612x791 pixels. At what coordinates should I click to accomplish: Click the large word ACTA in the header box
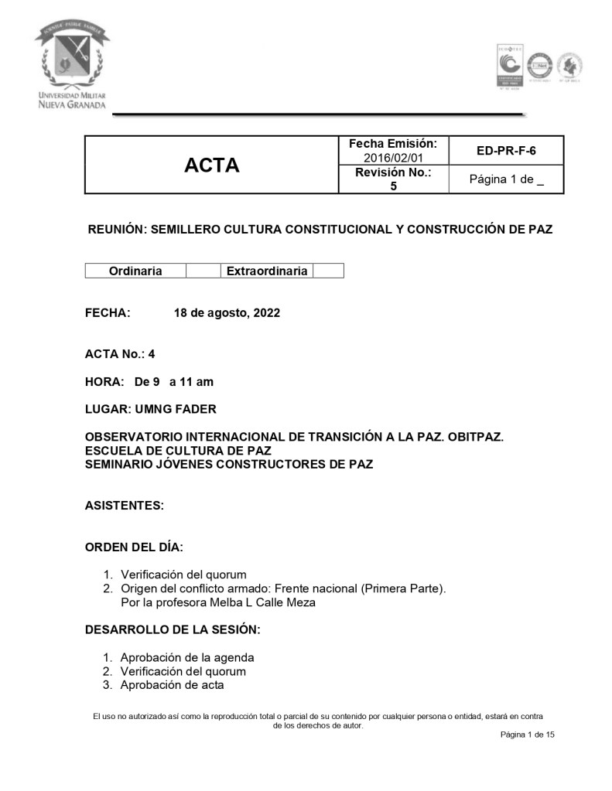point(211,165)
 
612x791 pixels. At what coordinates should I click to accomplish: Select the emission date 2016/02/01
point(393,158)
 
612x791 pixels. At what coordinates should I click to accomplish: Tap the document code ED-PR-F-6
point(506,151)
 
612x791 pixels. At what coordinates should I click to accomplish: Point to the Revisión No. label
point(393,172)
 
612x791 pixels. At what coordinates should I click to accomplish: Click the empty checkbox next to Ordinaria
point(203,271)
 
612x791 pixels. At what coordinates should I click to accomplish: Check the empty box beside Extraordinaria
point(328,271)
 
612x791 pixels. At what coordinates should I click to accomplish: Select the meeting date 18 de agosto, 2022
point(227,313)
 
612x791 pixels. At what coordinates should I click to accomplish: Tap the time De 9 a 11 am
point(174,381)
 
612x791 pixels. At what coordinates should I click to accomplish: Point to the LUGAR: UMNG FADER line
point(150,409)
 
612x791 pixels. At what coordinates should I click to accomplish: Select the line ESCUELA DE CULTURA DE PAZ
point(178,451)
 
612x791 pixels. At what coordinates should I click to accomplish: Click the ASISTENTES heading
point(124,506)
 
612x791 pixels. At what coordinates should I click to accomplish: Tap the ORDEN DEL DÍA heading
point(134,547)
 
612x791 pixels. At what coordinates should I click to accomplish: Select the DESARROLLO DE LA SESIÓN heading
point(172,630)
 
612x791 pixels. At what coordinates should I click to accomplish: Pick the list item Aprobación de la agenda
point(187,658)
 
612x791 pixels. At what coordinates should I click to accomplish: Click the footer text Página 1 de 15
point(528,735)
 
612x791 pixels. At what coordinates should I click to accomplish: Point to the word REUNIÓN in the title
point(115,230)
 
